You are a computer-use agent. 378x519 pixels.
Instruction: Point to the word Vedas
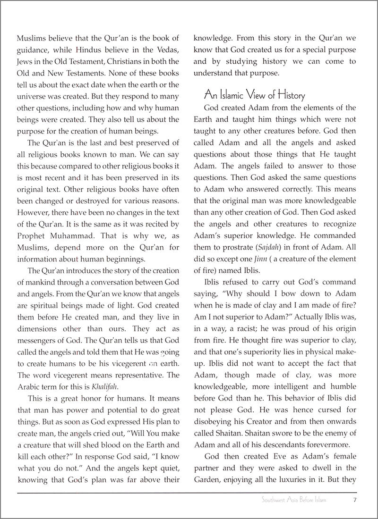coord(167,49)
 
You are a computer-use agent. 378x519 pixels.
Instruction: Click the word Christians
coord(125,61)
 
